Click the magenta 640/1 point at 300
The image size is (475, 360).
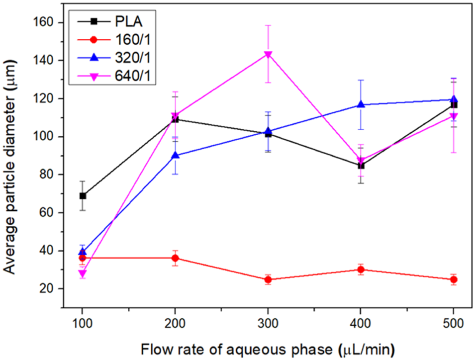pyautogui.click(x=268, y=54)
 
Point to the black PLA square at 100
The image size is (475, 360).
pyautogui.click(x=83, y=196)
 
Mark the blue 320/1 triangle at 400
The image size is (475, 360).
pyautogui.click(x=361, y=104)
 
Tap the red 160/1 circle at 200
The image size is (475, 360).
pyautogui.click(x=175, y=258)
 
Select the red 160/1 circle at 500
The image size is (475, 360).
pyautogui.click(x=454, y=279)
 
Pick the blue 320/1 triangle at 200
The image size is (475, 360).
pyautogui.click(x=175, y=155)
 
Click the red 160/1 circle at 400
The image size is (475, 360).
pyautogui.click(x=361, y=270)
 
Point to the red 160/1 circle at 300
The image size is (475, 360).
pyautogui.click(x=268, y=279)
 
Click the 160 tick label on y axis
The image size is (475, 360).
pyautogui.click(x=43, y=23)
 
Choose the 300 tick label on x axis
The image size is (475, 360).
pyautogui.click(x=268, y=323)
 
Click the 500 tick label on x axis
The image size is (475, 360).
pyautogui.click(x=454, y=323)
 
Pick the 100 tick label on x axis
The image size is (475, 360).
pyautogui.click(x=83, y=323)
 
